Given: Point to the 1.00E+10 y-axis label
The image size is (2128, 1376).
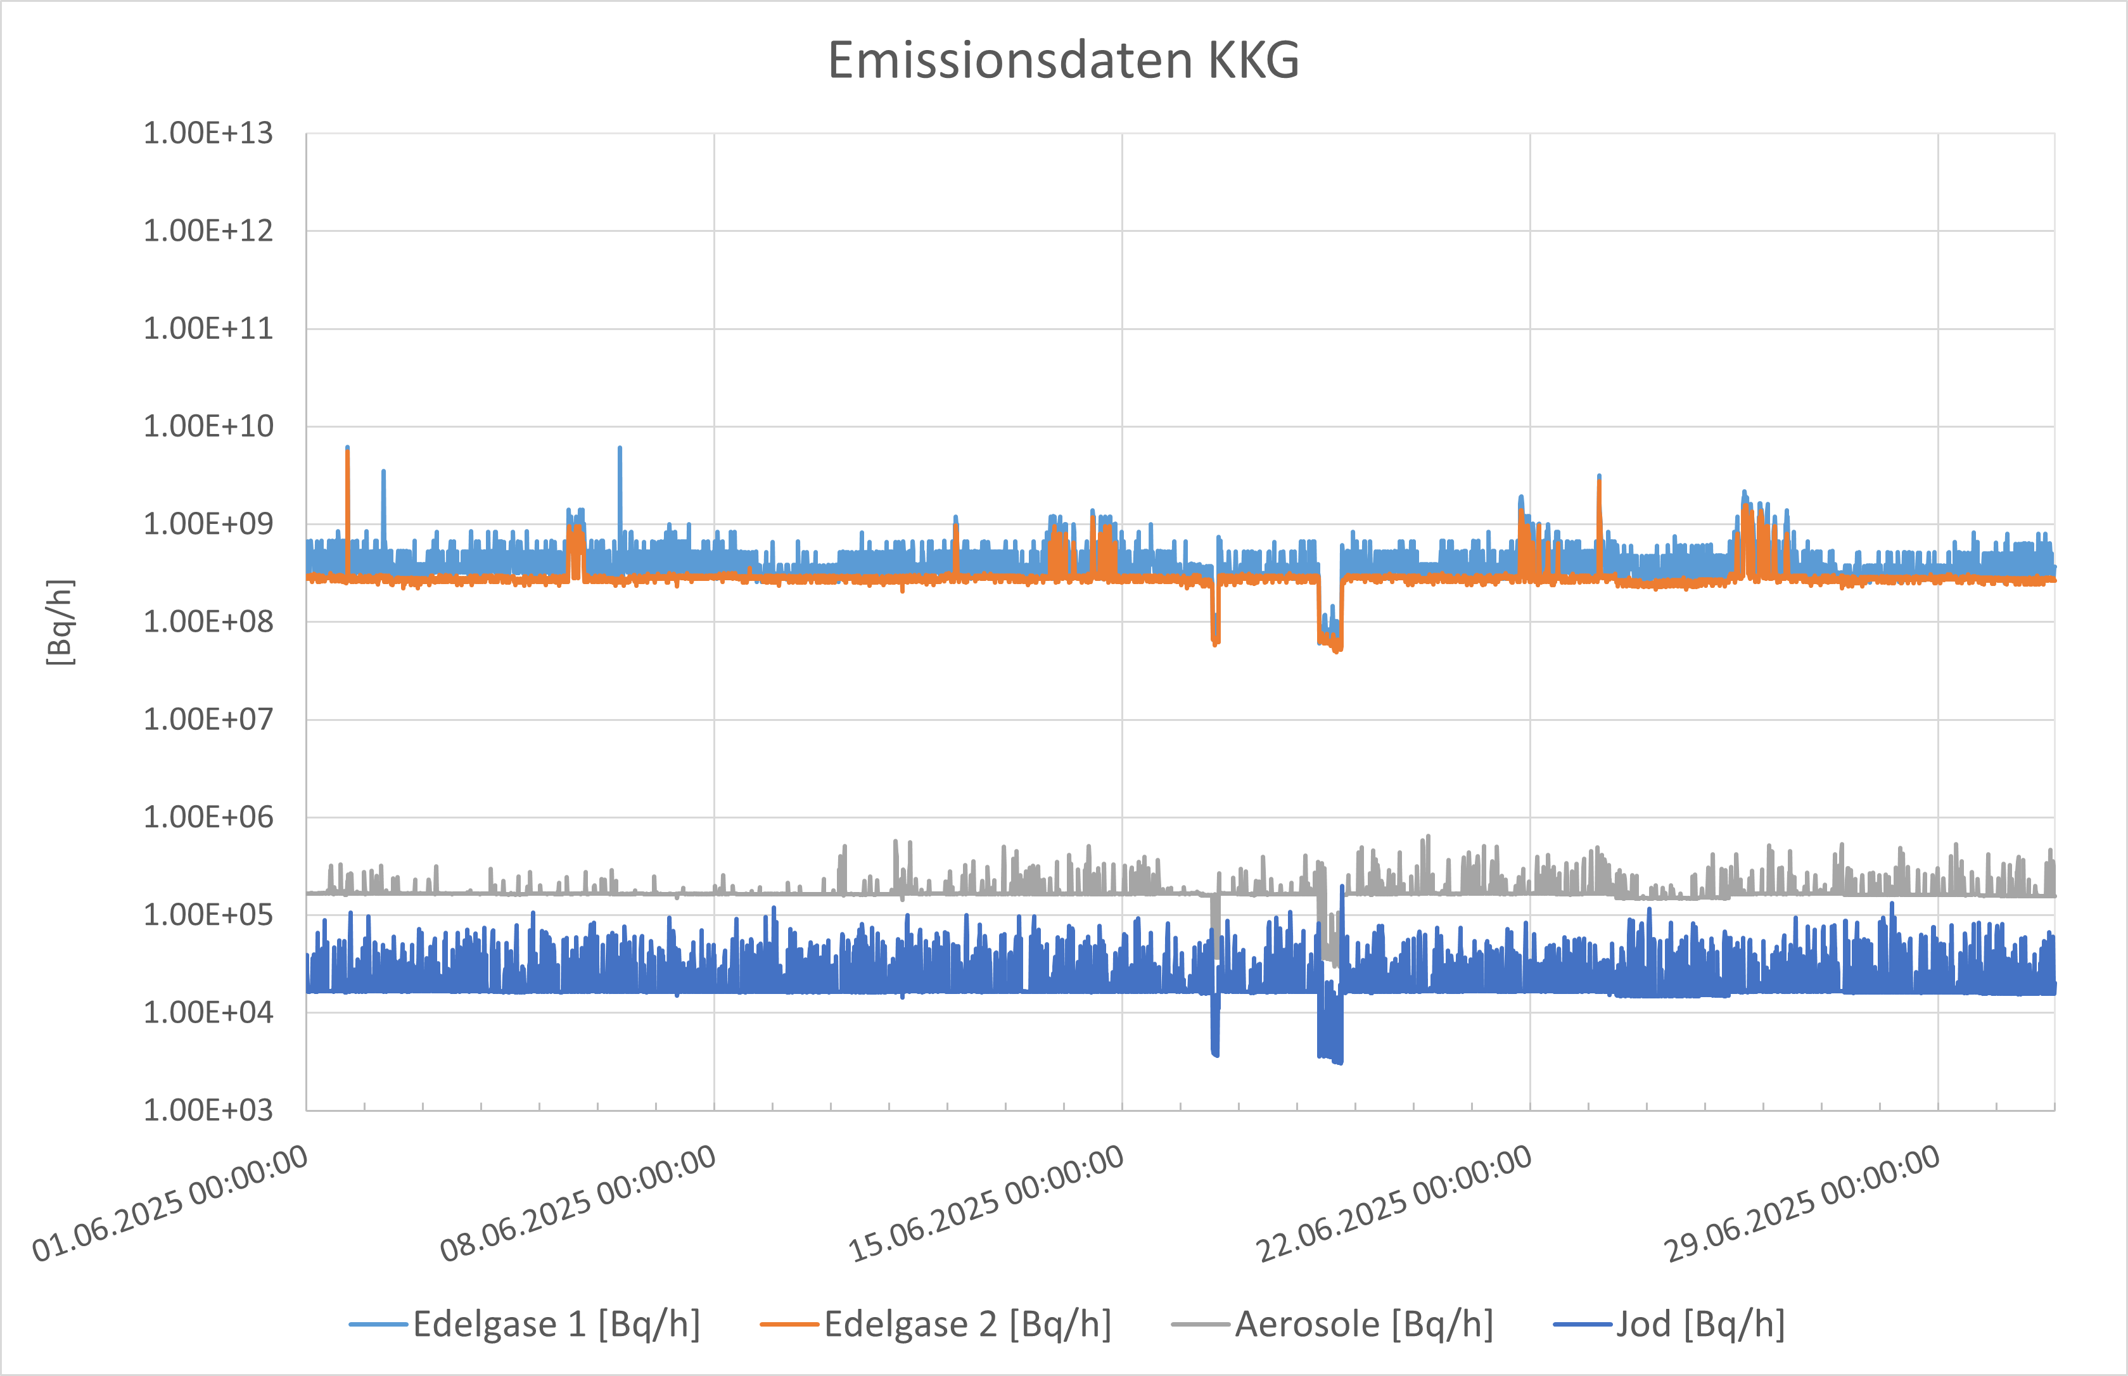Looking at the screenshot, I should coord(208,426).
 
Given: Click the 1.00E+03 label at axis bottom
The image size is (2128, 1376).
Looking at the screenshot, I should coord(208,1110).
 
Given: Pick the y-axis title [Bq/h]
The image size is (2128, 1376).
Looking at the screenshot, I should coord(60,622).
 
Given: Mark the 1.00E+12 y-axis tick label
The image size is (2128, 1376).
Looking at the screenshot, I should coord(208,231).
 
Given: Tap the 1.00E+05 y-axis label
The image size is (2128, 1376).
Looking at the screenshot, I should coord(208,915).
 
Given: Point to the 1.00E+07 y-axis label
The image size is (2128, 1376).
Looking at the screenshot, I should coord(208,719).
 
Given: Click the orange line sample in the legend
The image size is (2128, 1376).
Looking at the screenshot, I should coord(789,1324).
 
